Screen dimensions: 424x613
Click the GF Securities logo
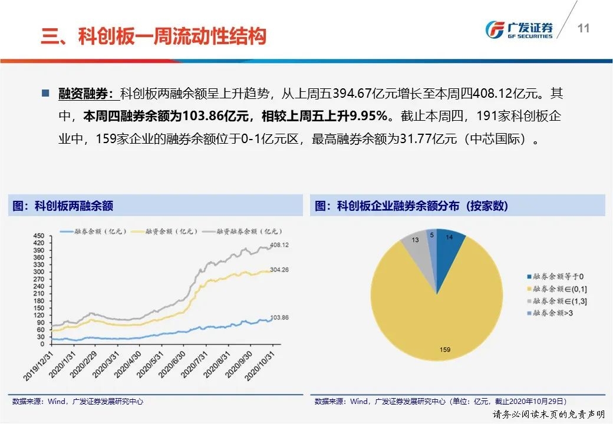click(519, 29)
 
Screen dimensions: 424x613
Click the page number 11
click(584, 28)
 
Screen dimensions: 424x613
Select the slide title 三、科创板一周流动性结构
click(154, 36)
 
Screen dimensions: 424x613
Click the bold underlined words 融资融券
click(85, 93)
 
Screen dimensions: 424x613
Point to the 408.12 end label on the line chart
click(279, 245)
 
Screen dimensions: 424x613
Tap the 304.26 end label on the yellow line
click(279, 270)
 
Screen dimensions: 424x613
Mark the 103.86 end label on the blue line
click(279, 318)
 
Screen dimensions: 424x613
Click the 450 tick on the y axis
click(39, 236)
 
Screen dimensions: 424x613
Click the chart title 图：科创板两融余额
click(62, 206)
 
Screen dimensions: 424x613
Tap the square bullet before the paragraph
click(45, 93)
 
